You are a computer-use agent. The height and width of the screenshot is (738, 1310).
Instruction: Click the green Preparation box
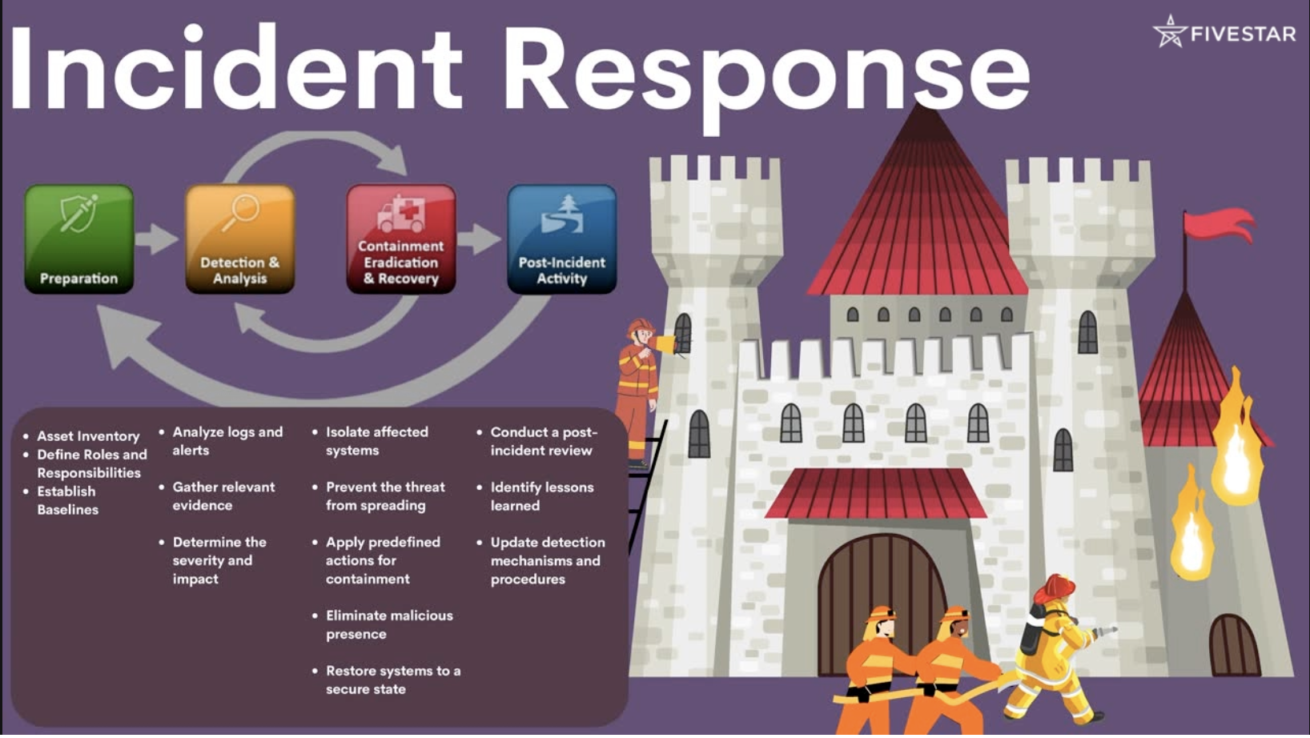tap(79, 239)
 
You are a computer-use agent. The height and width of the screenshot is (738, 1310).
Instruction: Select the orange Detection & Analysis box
tap(239, 239)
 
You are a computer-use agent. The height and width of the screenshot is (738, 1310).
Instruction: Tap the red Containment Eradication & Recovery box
tap(400, 239)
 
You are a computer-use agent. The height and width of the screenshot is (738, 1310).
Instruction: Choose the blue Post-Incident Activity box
tap(562, 239)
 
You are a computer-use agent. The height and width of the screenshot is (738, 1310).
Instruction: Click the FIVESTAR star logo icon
tap(1170, 31)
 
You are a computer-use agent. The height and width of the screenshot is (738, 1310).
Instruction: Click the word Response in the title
tap(766, 73)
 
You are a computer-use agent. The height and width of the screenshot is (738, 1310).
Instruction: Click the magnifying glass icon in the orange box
tap(240, 211)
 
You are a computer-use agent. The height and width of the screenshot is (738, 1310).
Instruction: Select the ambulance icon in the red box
tap(400, 213)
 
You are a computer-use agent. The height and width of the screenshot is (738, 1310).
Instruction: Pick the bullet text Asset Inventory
tap(88, 436)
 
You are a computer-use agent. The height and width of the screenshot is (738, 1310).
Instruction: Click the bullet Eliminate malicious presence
tap(389, 624)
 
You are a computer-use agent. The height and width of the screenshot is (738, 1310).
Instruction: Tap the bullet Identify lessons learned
tap(541, 496)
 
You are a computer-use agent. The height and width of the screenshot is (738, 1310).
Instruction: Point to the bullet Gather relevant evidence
tap(223, 496)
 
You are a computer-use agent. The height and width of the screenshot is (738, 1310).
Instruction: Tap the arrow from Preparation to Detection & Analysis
tap(156, 239)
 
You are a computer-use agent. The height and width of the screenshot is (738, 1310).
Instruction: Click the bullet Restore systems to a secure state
tap(392, 680)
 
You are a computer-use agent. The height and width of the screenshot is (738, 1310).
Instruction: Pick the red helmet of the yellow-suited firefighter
tap(1055, 588)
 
